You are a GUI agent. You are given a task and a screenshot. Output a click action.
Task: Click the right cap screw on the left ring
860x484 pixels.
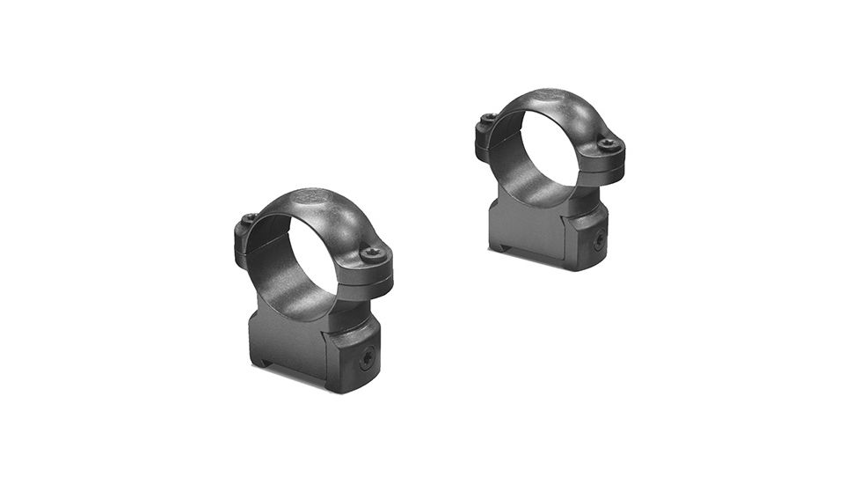(x=371, y=253)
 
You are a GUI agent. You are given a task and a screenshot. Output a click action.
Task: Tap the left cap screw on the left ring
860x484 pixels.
(x=249, y=218)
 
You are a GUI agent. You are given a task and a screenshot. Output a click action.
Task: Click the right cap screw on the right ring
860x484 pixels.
(x=607, y=143)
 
